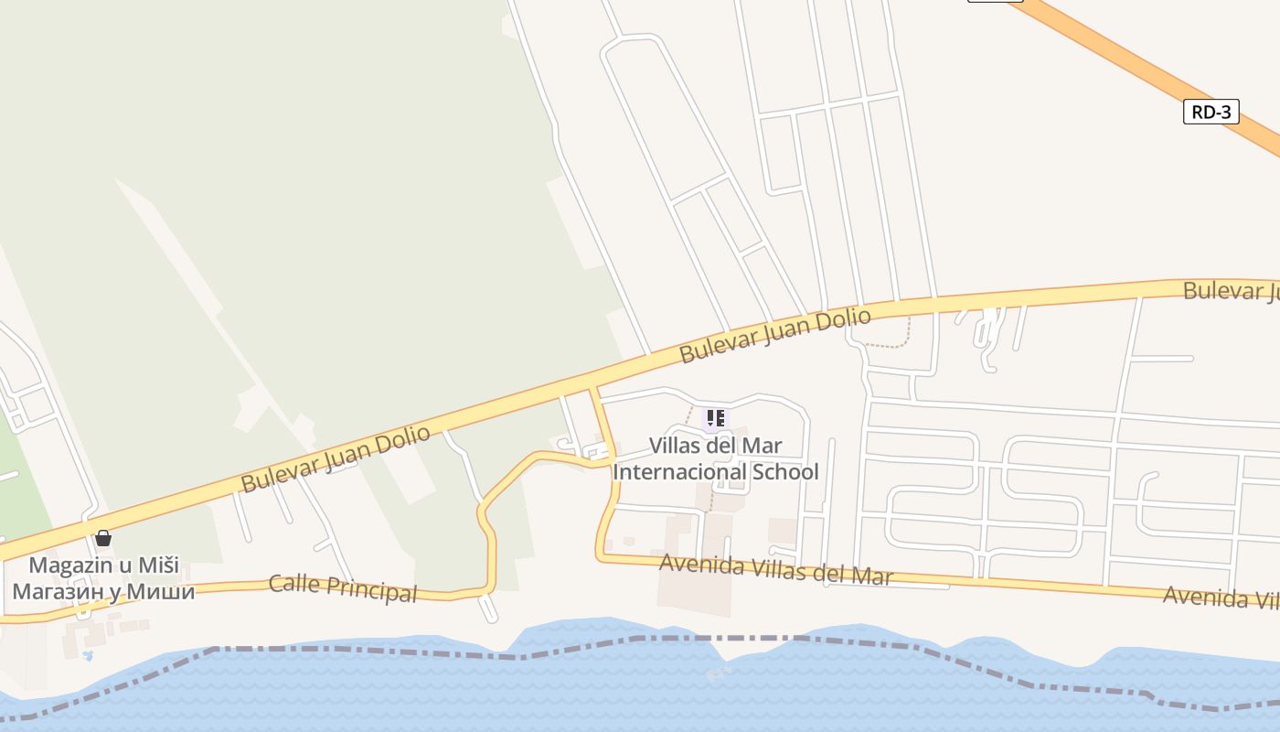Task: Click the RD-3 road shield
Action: click(1211, 113)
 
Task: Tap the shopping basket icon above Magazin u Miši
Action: click(103, 538)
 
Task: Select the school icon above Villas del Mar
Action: click(715, 419)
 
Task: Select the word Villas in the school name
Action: click(677, 446)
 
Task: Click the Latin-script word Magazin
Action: click(68, 565)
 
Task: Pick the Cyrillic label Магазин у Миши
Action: click(103, 591)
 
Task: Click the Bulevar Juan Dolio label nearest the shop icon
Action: click(335, 459)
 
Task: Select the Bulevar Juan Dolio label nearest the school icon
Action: click(774, 336)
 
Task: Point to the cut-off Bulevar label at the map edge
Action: click(1230, 292)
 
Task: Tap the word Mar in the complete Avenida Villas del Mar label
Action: click(872, 576)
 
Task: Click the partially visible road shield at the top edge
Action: click(995, 1)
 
